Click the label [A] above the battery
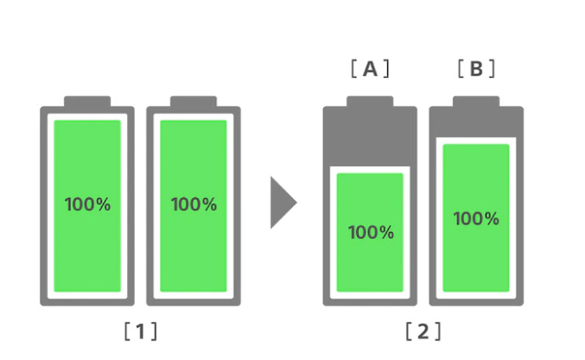point(370,69)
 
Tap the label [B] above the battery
point(476,69)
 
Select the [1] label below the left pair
point(140,332)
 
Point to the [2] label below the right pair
point(423,332)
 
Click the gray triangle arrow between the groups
point(282,202)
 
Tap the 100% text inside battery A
point(371,233)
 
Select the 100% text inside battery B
point(476,218)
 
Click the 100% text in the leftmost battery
point(88,204)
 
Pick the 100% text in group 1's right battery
point(194,204)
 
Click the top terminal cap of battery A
point(370,102)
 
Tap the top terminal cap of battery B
point(476,102)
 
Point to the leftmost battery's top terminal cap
point(87,102)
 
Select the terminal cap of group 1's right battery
point(193,102)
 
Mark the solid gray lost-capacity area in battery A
point(370,136)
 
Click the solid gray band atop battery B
point(476,122)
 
